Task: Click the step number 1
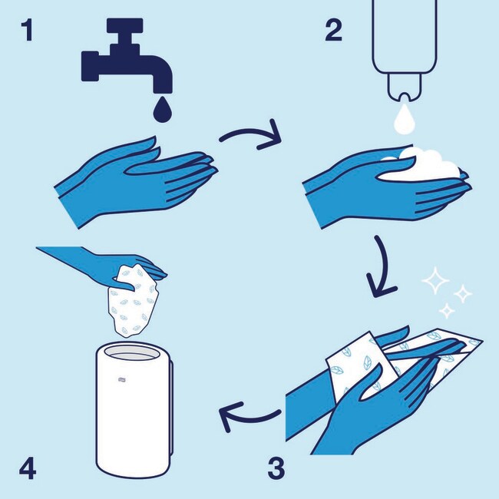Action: click(28, 31)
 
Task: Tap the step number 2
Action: click(333, 31)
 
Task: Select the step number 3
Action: click(276, 468)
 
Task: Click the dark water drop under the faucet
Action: click(162, 110)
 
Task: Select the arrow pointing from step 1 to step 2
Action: click(251, 134)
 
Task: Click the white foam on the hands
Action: click(423, 165)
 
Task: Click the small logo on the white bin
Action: click(121, 378)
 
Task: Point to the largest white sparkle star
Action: click(435, 280)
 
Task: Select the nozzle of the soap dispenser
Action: click(404, 88)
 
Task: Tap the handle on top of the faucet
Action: click(124, 26)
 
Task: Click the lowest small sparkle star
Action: click(447, 310)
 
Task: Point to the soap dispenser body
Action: click(404, 35)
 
